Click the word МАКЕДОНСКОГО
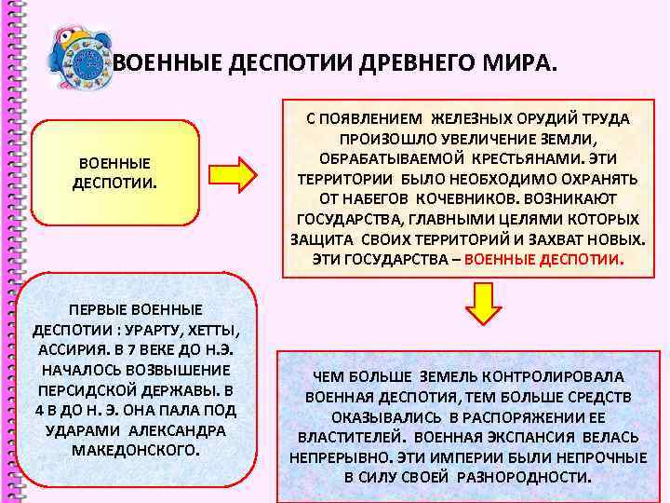(x=136, y=449)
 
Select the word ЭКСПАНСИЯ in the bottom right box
(x=541, y=436)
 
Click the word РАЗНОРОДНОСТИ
(x=533, y=476)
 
